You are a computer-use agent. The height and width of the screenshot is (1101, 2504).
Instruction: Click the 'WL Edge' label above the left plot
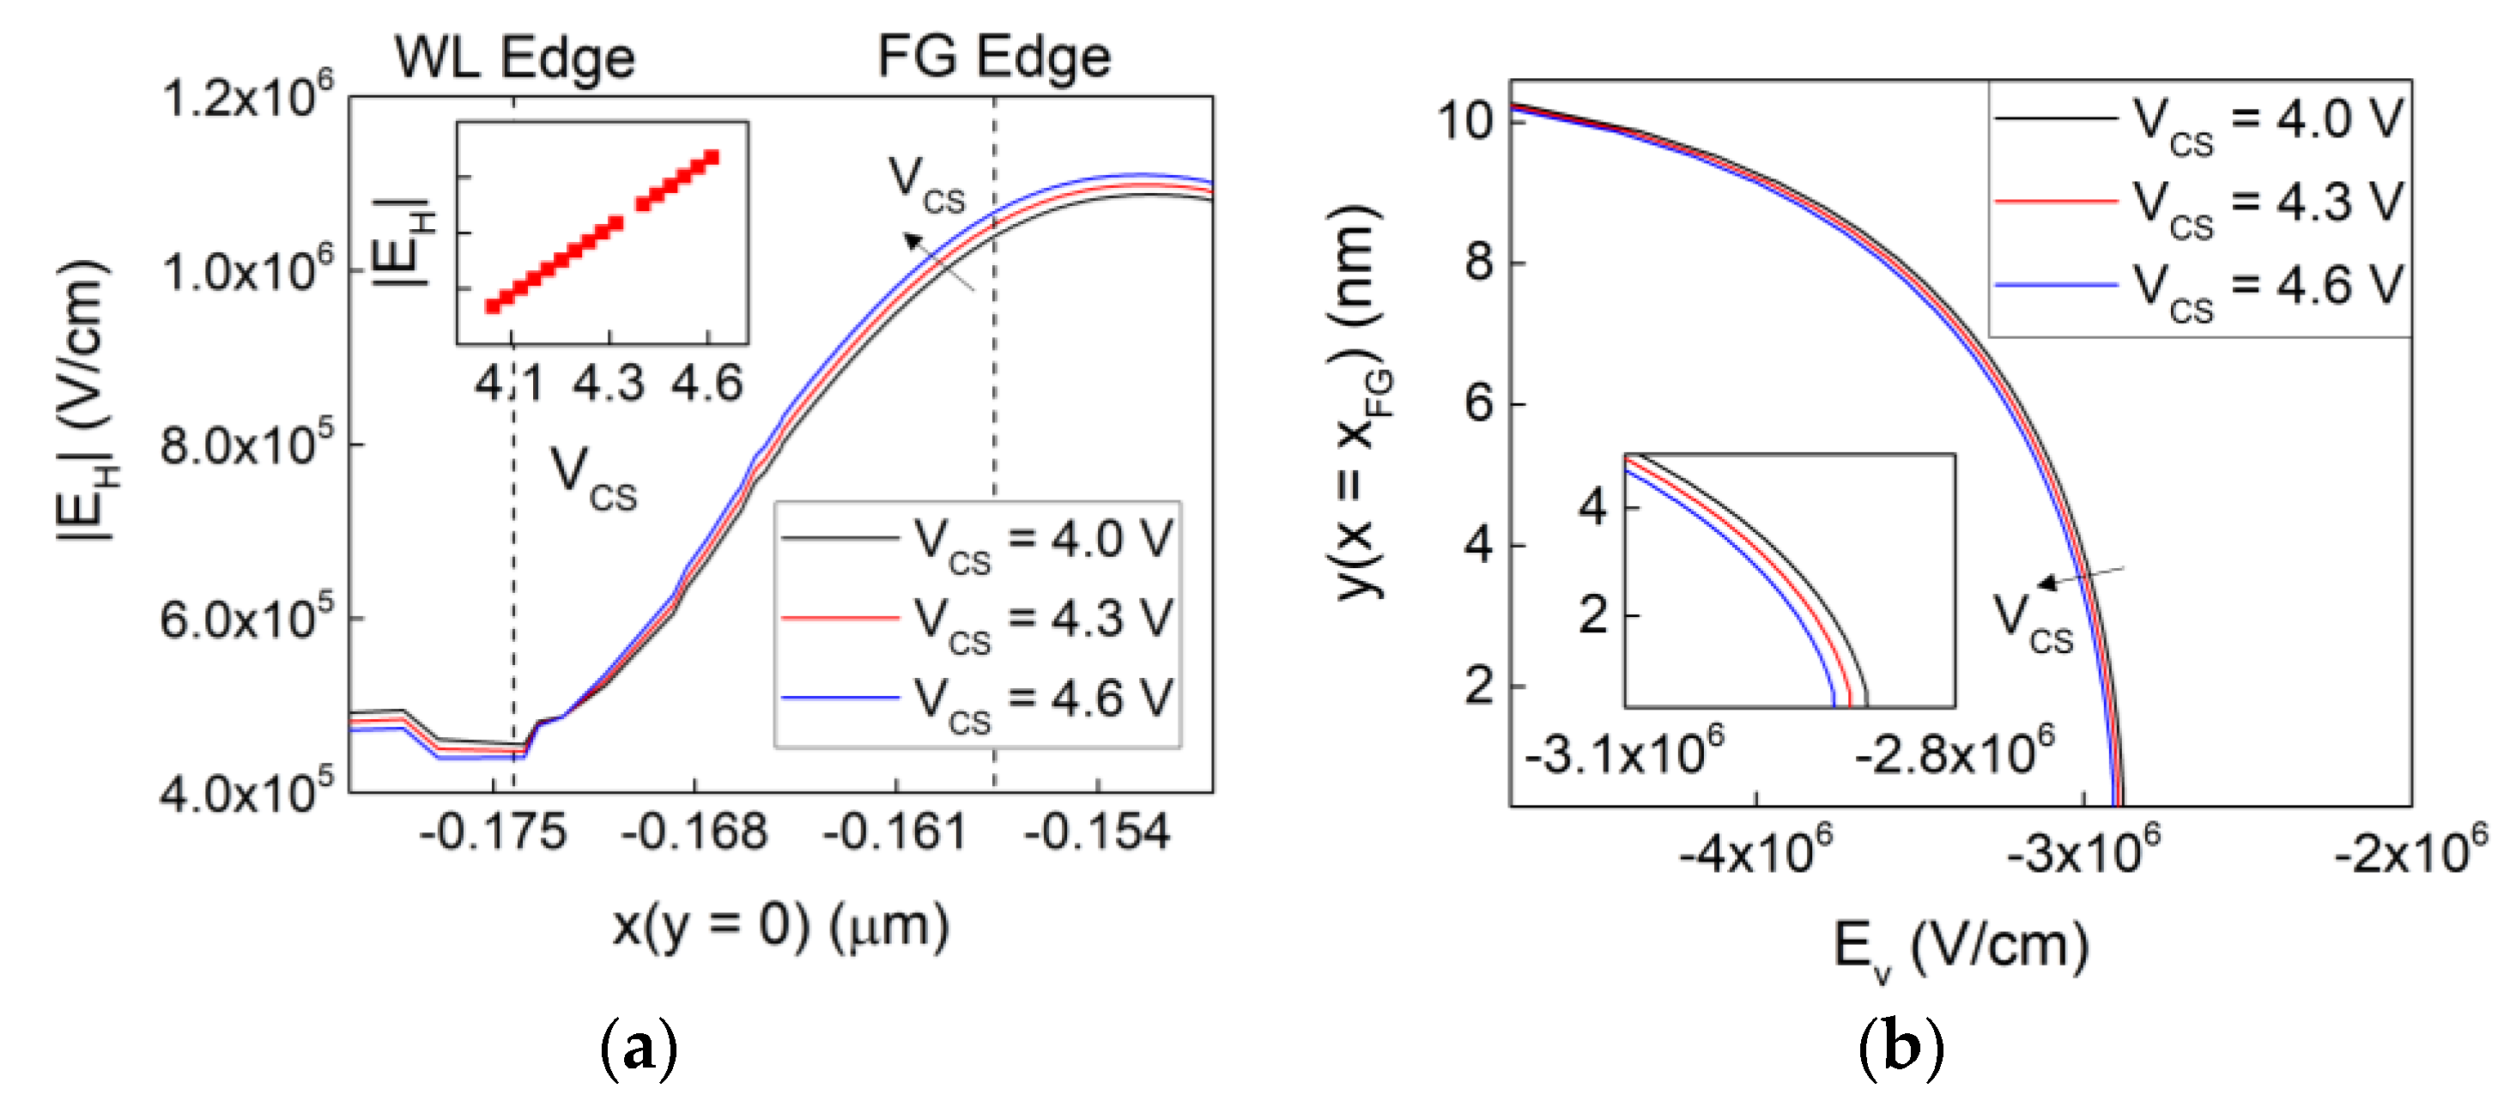(514, 57)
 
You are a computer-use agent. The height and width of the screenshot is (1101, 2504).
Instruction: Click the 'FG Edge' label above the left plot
(993, 57)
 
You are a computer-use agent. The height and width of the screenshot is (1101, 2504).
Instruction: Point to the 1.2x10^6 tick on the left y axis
(247, 97)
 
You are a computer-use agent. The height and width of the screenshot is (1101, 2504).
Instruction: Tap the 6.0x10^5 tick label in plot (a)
(247, 619)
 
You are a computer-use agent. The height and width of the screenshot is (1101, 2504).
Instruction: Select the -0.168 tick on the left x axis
(694, 832)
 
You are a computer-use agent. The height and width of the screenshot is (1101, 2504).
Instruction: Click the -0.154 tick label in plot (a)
(1096, 832)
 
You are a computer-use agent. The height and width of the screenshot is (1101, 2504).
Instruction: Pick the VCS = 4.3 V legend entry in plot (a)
(977, 620)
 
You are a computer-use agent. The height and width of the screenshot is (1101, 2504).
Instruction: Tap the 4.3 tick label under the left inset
(609, 384)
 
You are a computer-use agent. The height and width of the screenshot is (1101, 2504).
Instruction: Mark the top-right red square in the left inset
(712, 157)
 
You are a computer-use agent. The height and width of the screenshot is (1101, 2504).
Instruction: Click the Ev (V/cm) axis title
(1960, 947)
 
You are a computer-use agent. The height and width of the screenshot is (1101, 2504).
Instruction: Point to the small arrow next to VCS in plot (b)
(2080, 578)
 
